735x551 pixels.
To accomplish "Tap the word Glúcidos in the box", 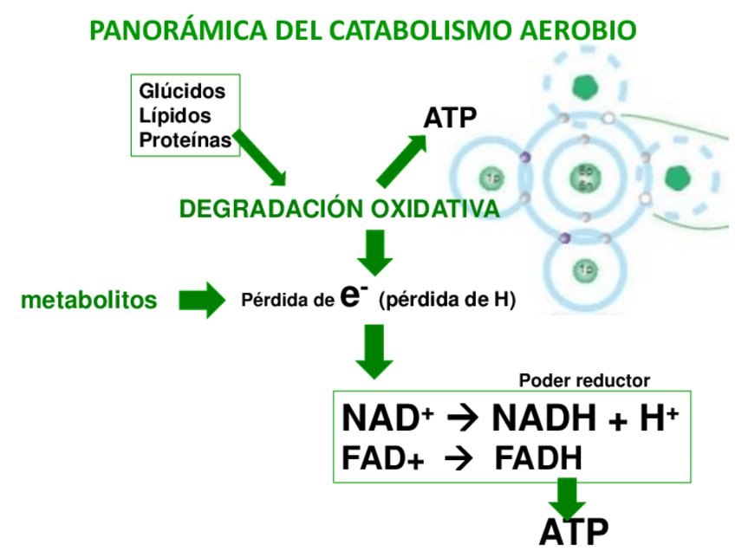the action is pyautogui.click(x=182, y=91).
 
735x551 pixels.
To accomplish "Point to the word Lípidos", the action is pyautogui.click(x=175, y=115).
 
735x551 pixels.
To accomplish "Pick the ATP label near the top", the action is pyautogui.click(x=450, y=119).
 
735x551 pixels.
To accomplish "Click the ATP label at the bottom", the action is pyautogui.click(x=573, y=531).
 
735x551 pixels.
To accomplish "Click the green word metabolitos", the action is pyautogui.click(x=89, y=300).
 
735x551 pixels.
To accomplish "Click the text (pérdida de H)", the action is pyautogui.click(x=447, y=301).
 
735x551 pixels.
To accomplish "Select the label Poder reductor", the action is pyautogui.click(x=583, y=379).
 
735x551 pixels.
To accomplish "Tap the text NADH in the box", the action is pyautogui.click(x=545, y=418).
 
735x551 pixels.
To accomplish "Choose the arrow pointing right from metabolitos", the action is pyautogui.click(x=201, y=300).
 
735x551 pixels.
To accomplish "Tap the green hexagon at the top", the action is pyautogui.click(x=586, y=87).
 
